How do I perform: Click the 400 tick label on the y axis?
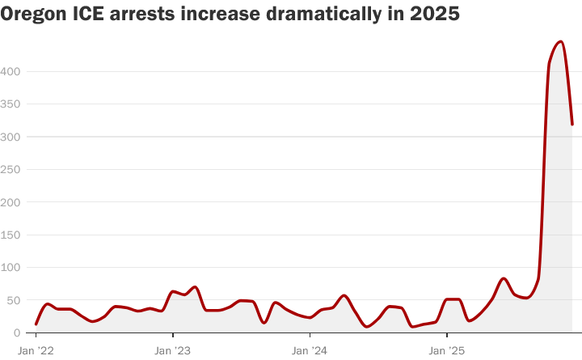(x=11, y=71)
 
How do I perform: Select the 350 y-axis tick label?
(x=11, y=104)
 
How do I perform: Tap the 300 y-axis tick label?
(x=11, y=137)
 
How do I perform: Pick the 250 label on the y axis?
(x=11, y=169)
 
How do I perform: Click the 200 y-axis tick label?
(x=11, y=201)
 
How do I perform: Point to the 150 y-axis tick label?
(x=11, y=235)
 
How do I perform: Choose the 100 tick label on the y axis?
(x=11, y=267)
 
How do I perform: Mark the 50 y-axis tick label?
(x=14, y=300)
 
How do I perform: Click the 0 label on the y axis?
(x=17, y=332)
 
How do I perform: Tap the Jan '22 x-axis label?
(x=36, y=350)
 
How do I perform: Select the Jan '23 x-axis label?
(x=172, y=350)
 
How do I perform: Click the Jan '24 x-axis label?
(x=310, y=350)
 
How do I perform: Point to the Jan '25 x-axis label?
(x=446, y=350)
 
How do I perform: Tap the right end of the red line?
(x=572, y=125)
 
